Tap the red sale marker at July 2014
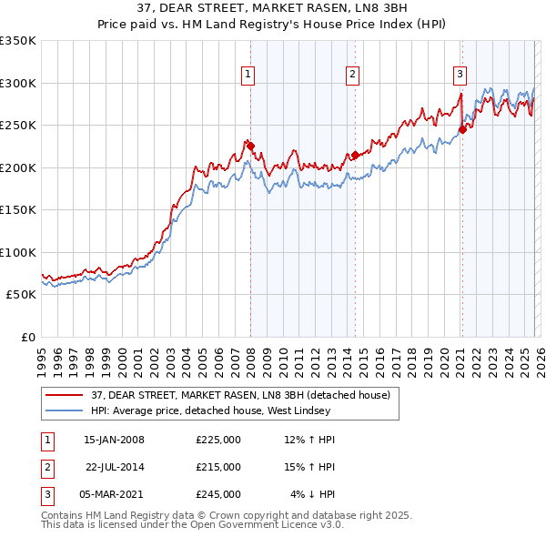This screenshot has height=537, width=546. pos(355,155)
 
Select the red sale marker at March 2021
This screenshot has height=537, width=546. pos(461,129)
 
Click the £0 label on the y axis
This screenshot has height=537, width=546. pos(27,337)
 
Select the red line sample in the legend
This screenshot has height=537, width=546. pos(65,395)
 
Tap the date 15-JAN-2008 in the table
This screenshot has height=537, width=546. pos(114,440)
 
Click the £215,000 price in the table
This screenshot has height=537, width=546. pos(218,467)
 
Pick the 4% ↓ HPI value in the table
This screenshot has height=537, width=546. pos(312,494)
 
